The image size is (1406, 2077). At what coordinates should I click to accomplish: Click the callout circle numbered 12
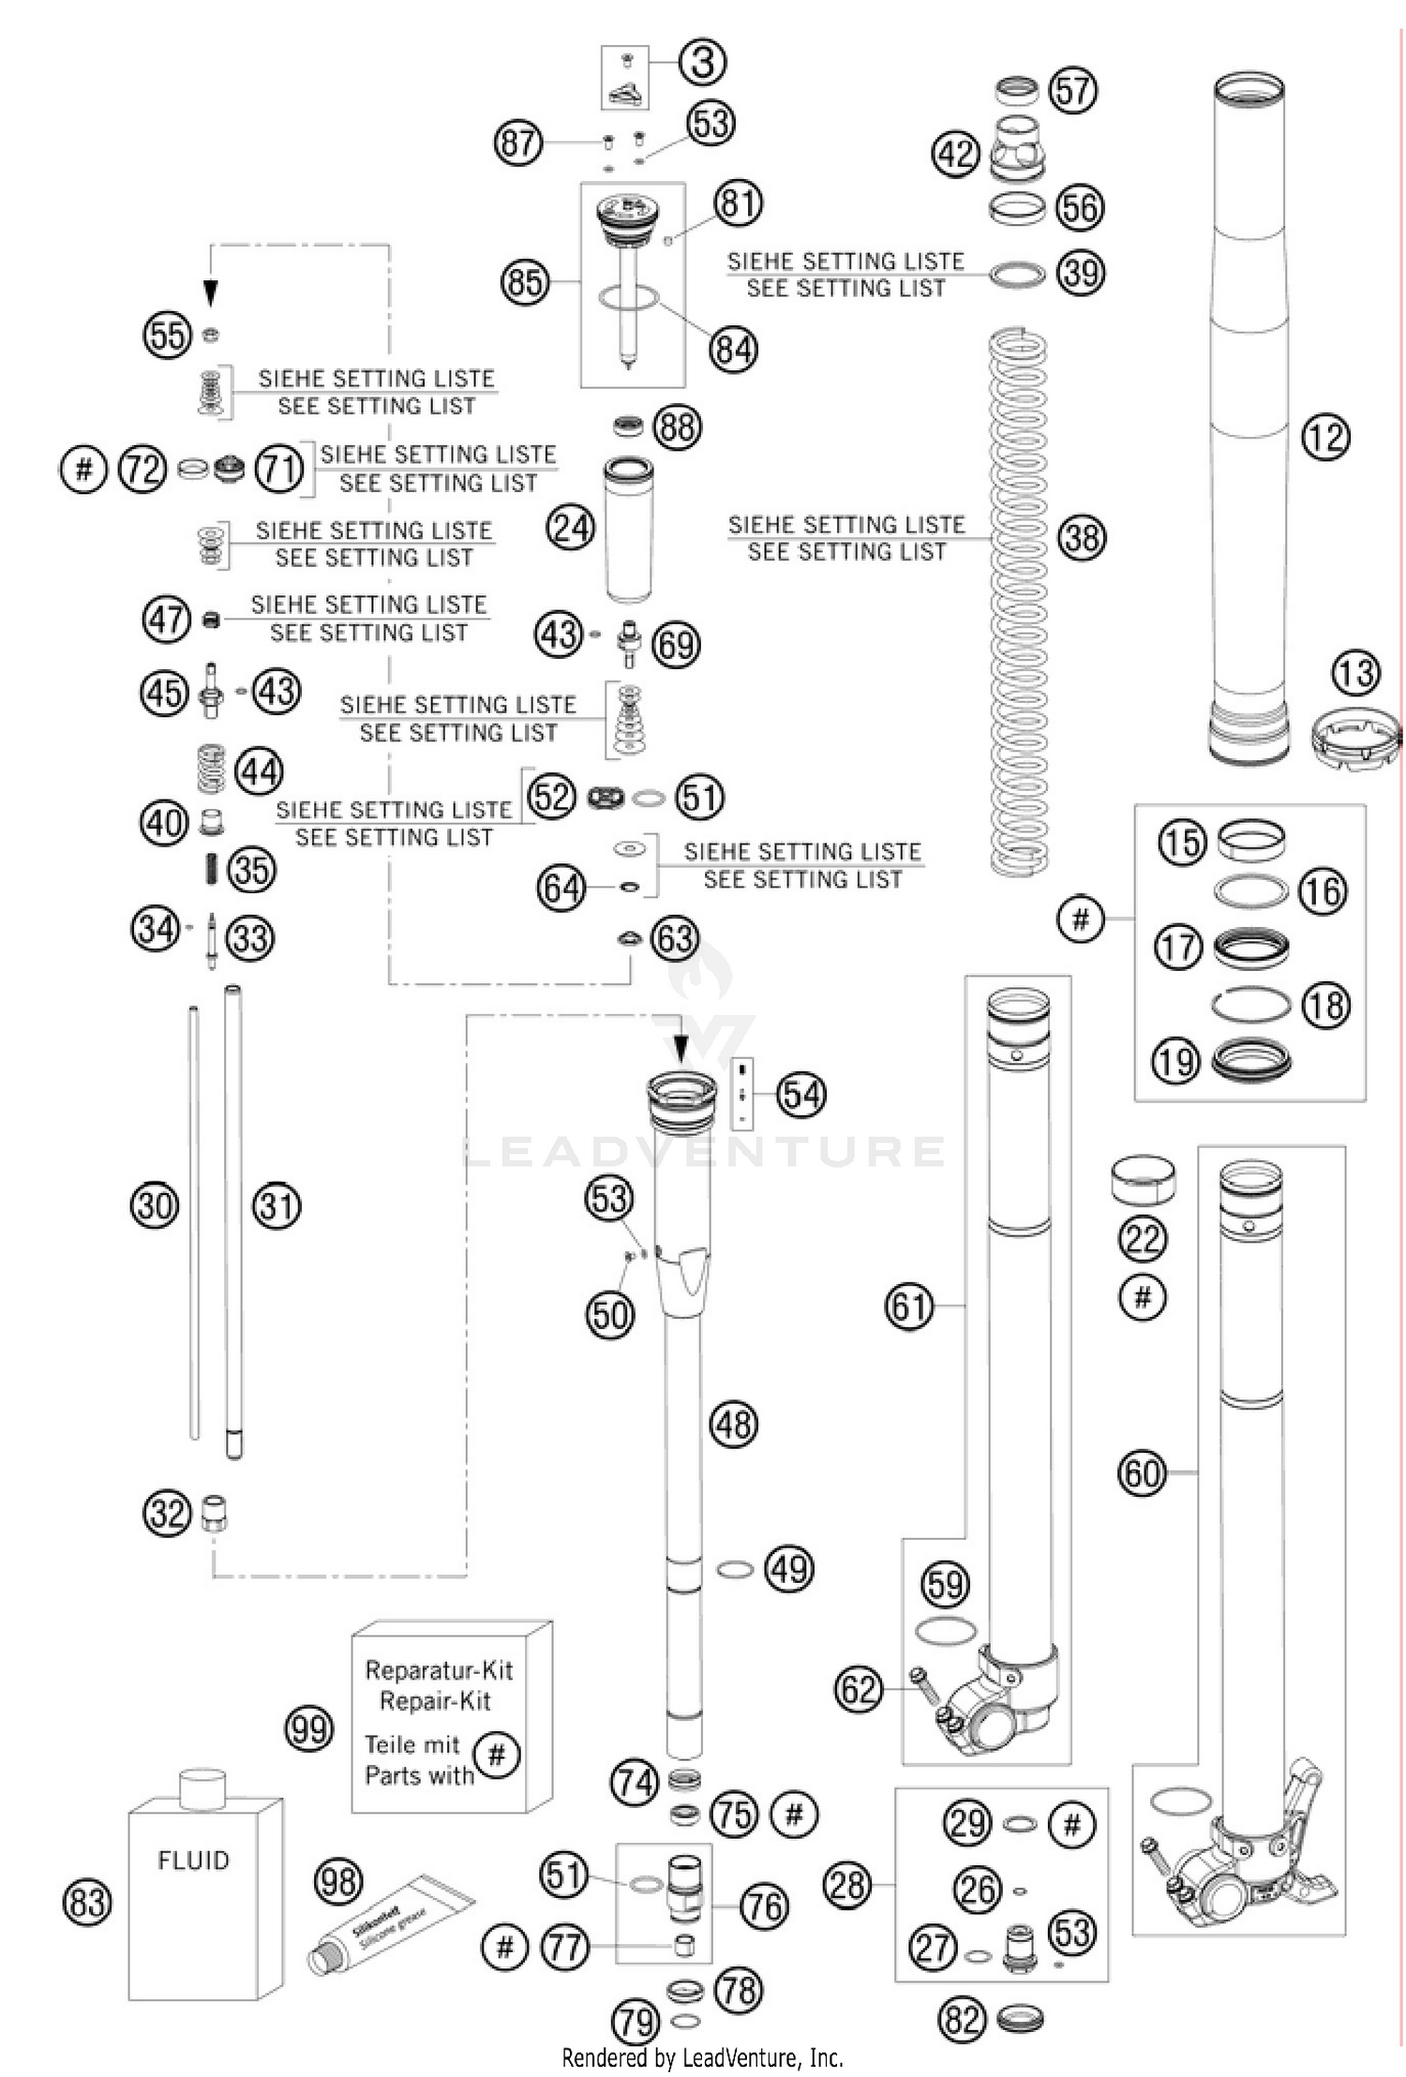point(1325,438)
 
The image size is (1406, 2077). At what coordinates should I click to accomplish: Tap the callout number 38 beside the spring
point(1082,538)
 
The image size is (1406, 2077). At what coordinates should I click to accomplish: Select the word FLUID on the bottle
point(193,1860)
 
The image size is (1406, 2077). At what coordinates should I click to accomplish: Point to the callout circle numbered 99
point(309,1729)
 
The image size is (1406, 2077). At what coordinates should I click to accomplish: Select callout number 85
point(525,282)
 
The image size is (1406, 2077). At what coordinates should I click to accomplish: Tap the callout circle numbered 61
point(909,1307)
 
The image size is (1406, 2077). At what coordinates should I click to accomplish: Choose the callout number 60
point(1143,1474)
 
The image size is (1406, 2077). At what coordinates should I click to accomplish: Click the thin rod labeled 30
point(194,1218)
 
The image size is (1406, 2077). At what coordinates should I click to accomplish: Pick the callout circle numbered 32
point(168,1513)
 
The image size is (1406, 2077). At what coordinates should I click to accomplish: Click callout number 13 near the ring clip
point(1355,673)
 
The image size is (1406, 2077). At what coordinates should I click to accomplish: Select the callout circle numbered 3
point(703,63)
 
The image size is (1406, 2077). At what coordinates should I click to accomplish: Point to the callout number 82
point(963,2019)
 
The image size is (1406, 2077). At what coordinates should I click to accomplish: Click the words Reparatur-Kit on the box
point(439,1670)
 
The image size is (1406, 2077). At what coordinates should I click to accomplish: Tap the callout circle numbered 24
point(571,529)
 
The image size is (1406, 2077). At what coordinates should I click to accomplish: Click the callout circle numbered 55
point(168,335)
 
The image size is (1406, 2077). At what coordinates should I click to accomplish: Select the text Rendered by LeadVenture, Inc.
point(702,2058)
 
